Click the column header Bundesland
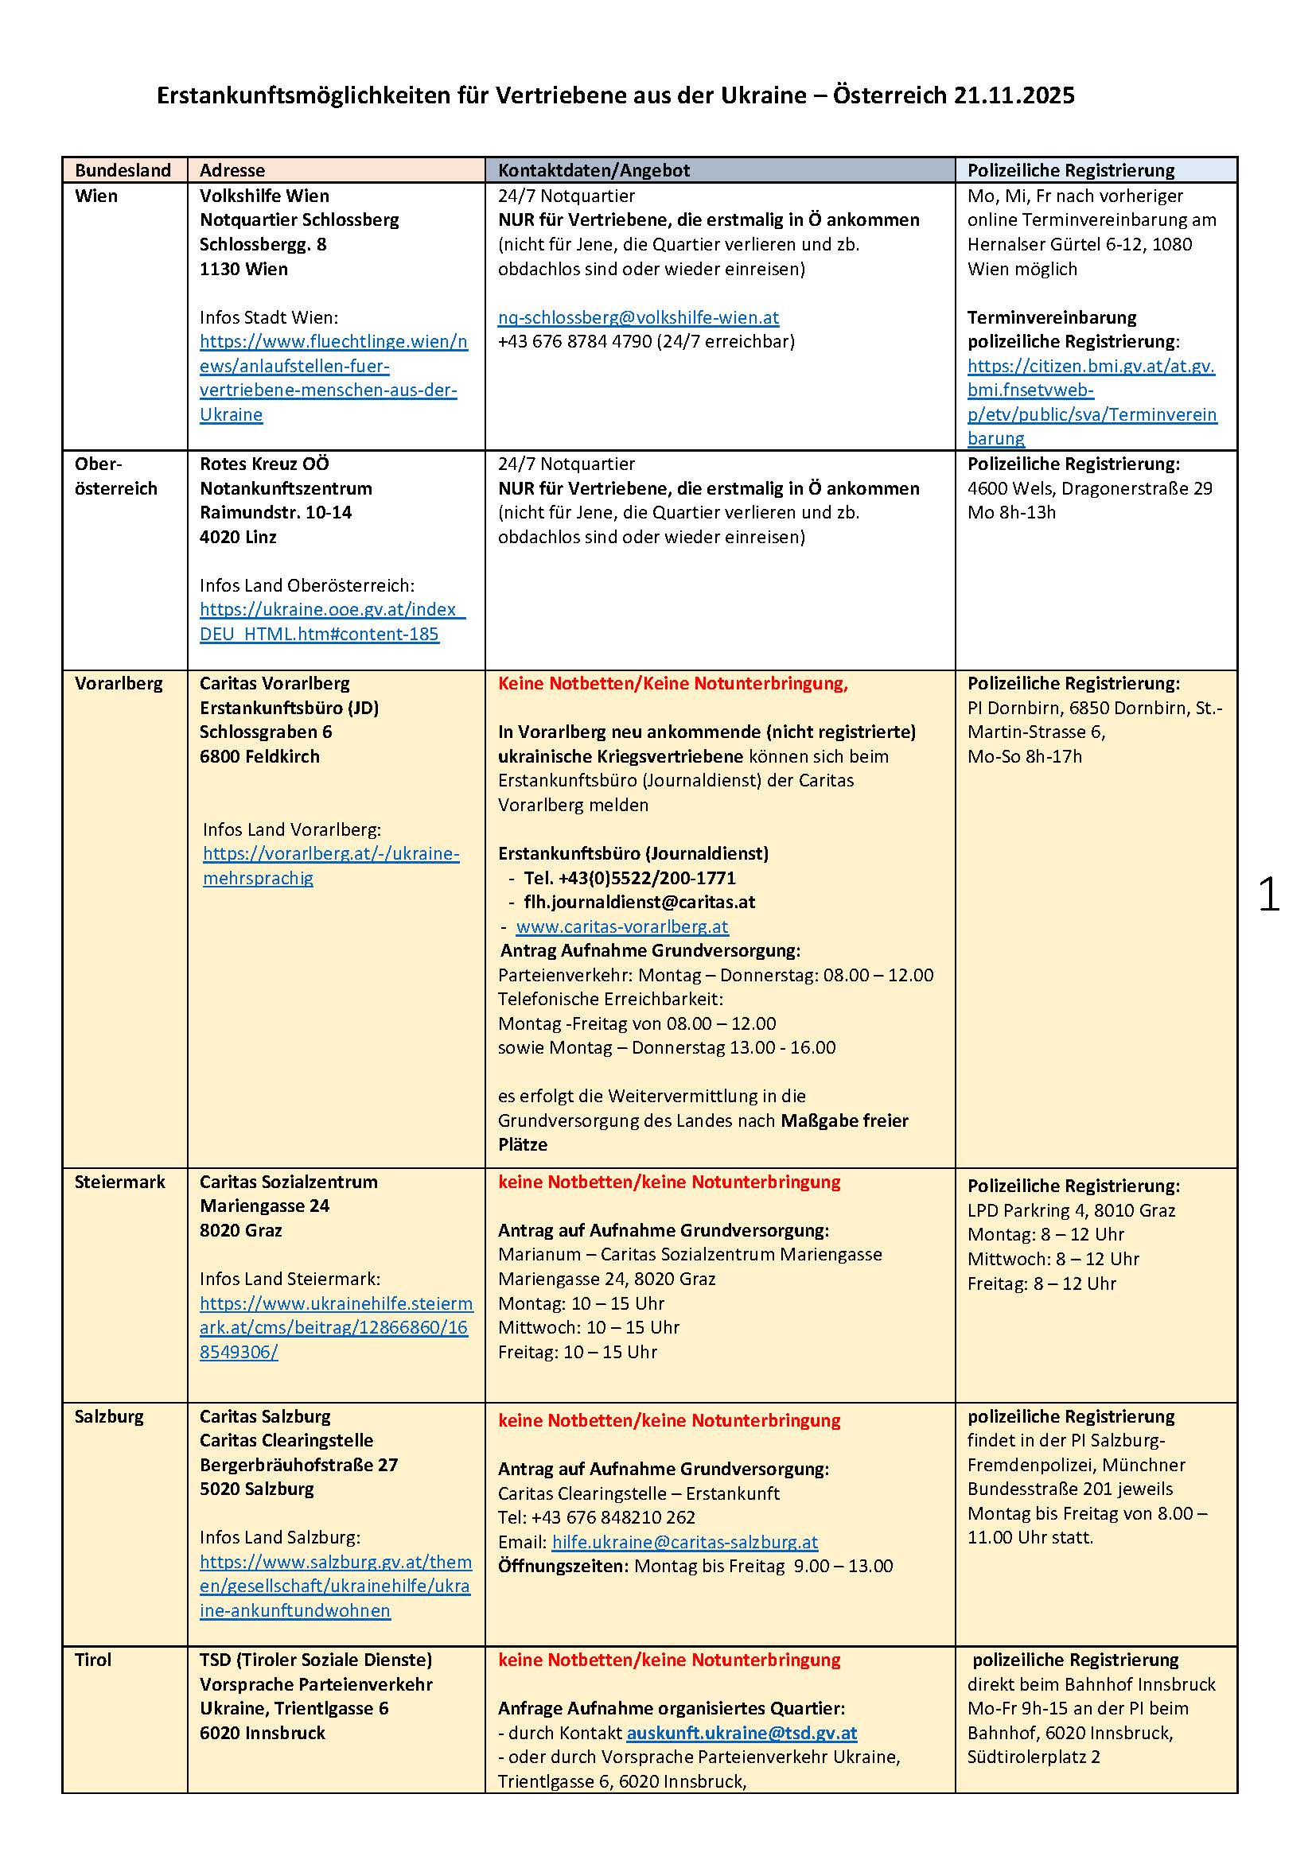click(123, 170)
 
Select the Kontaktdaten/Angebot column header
click(594, 170)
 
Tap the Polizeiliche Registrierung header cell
click(1070, 170)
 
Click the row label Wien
click(95, 196)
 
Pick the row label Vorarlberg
click(119, 683)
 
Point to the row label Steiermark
click(119, 1181)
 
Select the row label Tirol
click(93, 1659)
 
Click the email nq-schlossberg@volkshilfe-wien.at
click(638, 317)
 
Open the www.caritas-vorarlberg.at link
click(621, 926)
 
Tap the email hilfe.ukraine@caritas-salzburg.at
click(685, 1542)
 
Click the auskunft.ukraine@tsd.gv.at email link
click(742, 1732)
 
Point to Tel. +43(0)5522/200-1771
click(629, 877)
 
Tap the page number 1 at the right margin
click(1268, 895)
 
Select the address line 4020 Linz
click(238, 537)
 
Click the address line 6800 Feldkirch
click(259, 755)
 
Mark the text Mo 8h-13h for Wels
click(1011, 512)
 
